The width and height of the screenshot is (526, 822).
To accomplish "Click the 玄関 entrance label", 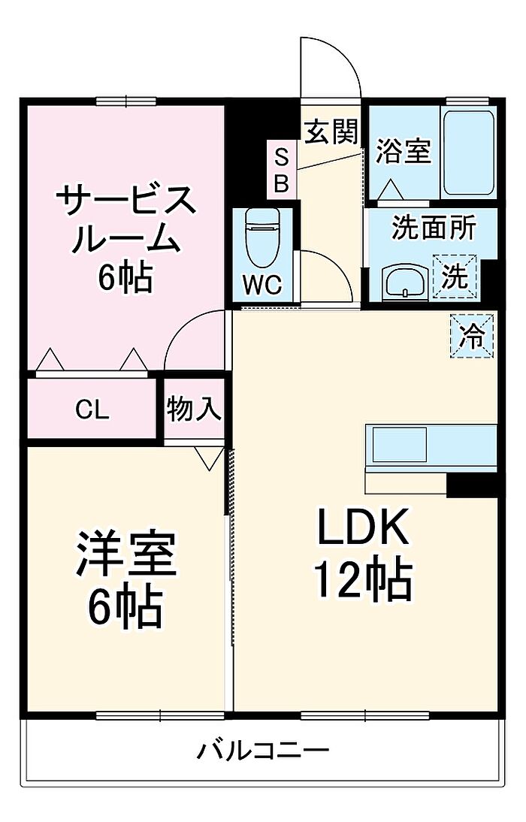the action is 332,131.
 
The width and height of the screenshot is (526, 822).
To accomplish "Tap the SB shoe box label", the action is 282,170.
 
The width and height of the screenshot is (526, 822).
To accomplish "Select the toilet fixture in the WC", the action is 262,238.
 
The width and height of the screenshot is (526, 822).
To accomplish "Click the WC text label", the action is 262,285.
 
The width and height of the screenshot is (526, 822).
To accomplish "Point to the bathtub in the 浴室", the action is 470,153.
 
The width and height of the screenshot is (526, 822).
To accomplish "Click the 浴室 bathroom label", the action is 404,151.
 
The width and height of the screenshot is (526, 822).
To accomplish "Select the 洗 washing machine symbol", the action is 455,277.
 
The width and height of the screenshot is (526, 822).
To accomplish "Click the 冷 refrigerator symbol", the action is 472,336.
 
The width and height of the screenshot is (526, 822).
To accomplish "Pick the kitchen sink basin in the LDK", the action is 399,445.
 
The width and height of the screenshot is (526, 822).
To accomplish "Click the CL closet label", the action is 92,409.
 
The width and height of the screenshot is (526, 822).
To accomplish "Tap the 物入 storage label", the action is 194,409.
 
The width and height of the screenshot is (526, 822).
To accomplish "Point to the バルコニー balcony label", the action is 263,751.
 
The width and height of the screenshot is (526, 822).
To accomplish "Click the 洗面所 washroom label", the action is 434,228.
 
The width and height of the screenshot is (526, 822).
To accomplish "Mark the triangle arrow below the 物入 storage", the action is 210,458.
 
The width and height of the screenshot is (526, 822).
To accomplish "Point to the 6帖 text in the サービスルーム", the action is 125,277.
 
